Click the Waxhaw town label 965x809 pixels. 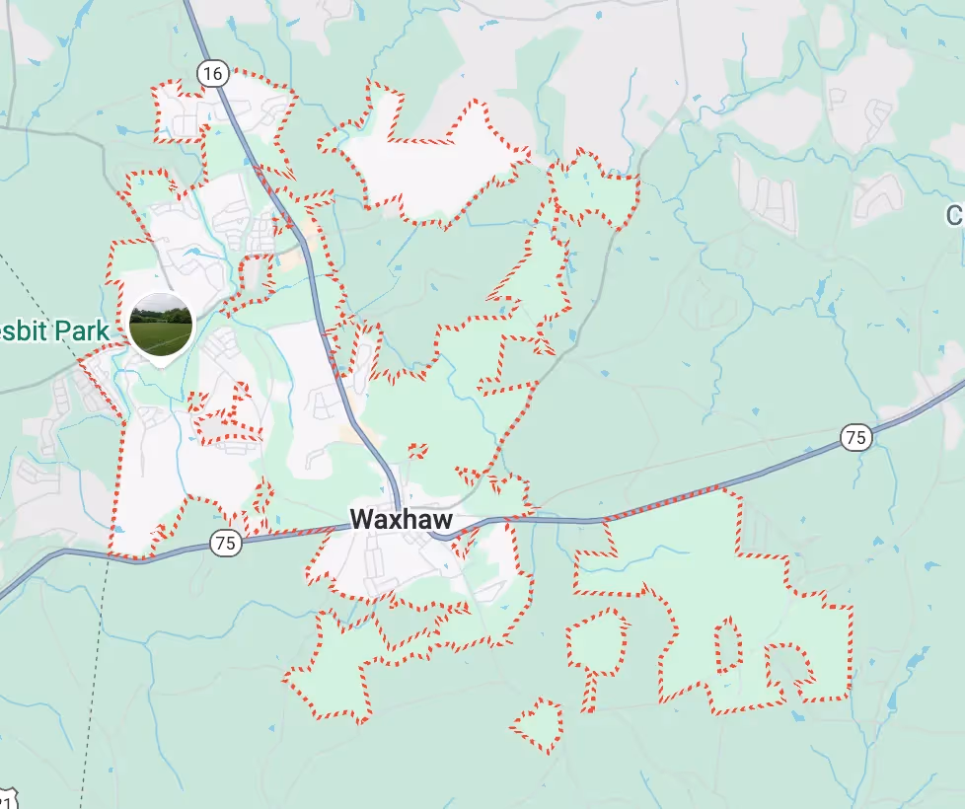[x=402, y=520]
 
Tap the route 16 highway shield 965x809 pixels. [x=211, y=72]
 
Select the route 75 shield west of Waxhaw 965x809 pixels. [x=226, y=542]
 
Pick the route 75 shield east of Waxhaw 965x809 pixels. [x=855, y=437]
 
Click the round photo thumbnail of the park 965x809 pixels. [x=161, y=325]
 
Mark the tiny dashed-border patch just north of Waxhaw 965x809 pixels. [x=417, y=451]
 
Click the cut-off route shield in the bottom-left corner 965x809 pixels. [x=7, y=799]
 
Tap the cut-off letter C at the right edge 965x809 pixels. [x=955, y=215]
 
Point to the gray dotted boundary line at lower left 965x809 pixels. [x=94, y=691]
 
